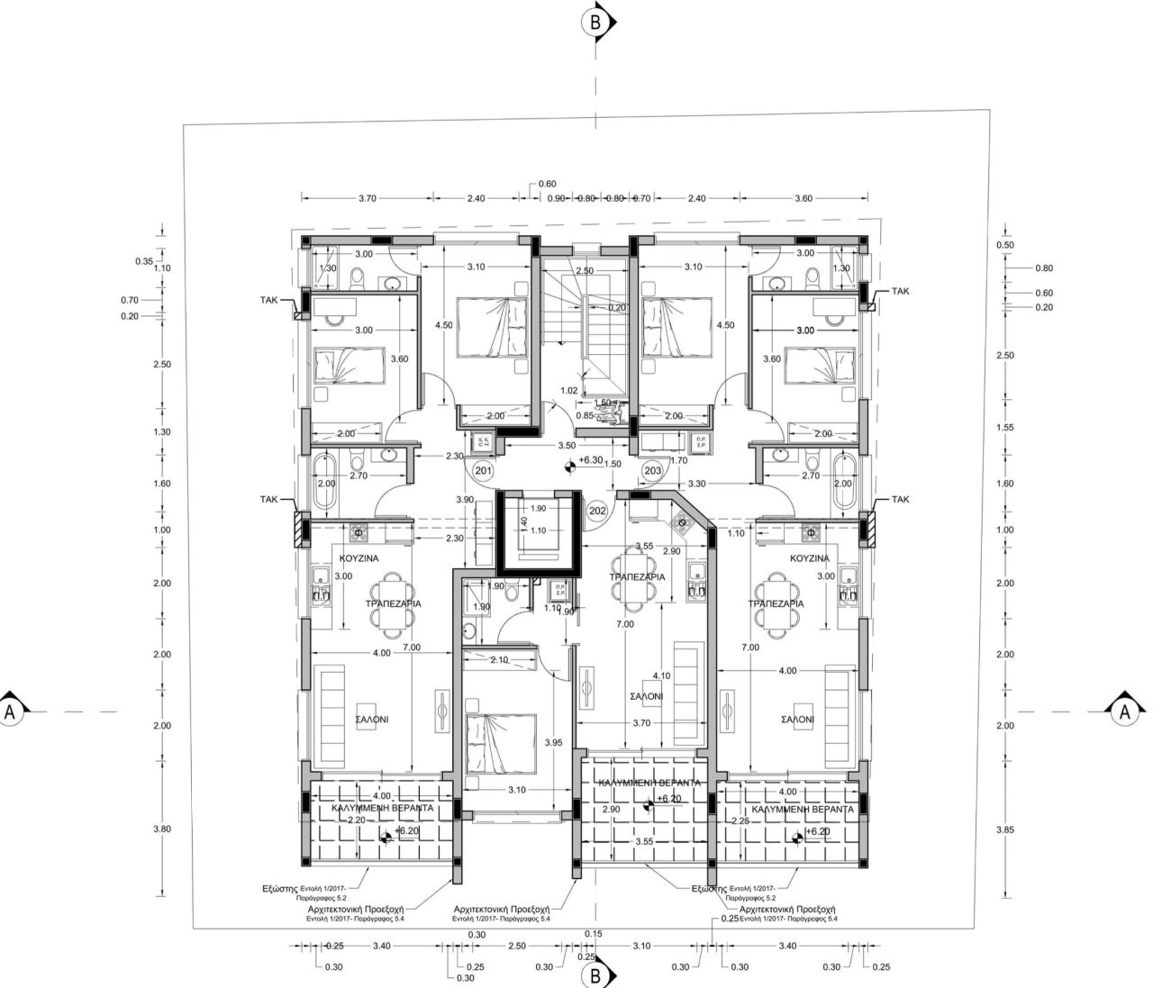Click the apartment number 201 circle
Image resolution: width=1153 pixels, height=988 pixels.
[x=483, y=471]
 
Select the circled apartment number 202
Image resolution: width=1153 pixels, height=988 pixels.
[x=596, y=511]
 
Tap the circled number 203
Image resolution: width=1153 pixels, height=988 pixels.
[x=652, y=471]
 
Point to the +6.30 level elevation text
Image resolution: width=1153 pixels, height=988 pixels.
[x=590, y=460]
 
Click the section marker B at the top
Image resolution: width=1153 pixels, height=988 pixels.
[x=595, y=23]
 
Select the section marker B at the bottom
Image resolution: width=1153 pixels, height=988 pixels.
[x=595, y=974]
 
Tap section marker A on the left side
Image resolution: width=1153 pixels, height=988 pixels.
[x=12, y=711]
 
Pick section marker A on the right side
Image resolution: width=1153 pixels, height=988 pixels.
[x=1123, y=711]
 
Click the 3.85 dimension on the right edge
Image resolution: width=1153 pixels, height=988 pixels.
[x=1005, y=829]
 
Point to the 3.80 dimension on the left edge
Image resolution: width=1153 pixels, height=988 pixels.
[x=162, y=829]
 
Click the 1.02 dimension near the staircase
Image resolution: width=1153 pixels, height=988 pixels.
[x=568, y=391]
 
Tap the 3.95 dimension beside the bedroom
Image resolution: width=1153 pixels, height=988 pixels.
[x=553, y=742]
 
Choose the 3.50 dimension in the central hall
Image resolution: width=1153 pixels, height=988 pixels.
[x=567, y=446]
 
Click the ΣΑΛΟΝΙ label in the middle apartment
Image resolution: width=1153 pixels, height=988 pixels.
[x=646, y=697]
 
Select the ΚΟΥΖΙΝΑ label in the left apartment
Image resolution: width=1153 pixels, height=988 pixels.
[x=360, y=558]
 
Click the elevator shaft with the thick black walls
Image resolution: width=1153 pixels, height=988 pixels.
[x=538, y=531]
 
